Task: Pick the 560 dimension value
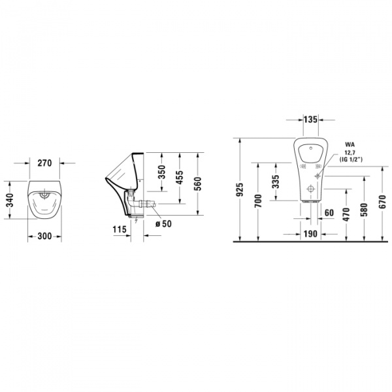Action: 197,184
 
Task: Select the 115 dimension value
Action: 118,229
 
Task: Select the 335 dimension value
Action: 276,180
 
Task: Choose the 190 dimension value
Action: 310,233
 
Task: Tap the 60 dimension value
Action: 328,212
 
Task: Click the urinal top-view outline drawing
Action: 44,199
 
